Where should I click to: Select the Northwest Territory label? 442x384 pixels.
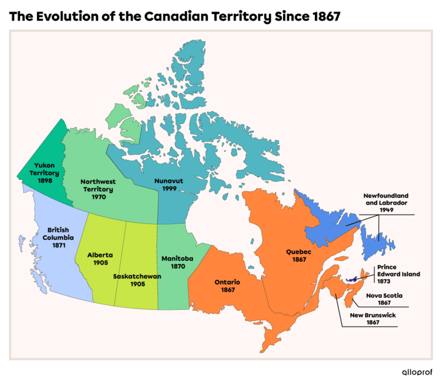(x=98, y=185)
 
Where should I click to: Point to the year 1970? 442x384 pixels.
(x=98, y=197)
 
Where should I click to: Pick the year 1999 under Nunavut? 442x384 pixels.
(x=169, y=189)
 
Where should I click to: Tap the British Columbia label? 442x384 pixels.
(x=58, y=234)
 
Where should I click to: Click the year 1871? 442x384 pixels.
(x=58, y=245)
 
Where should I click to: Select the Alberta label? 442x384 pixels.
(x=99, y=255)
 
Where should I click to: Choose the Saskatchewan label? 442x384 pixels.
(x=137, y=276)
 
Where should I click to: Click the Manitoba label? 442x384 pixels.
(x=177, y=259)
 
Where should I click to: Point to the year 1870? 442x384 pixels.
(x=178, y=267)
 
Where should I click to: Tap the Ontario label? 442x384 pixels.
(x=227, y=282)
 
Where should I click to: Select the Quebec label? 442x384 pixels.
(x=298, y=252)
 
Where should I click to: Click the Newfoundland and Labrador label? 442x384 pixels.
(x=386, y=199)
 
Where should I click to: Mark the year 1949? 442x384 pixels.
(x=386, y=210)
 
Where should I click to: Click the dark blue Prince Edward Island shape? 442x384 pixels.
(x=352, y=280)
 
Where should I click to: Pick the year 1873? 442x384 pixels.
(x=384, y=282)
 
